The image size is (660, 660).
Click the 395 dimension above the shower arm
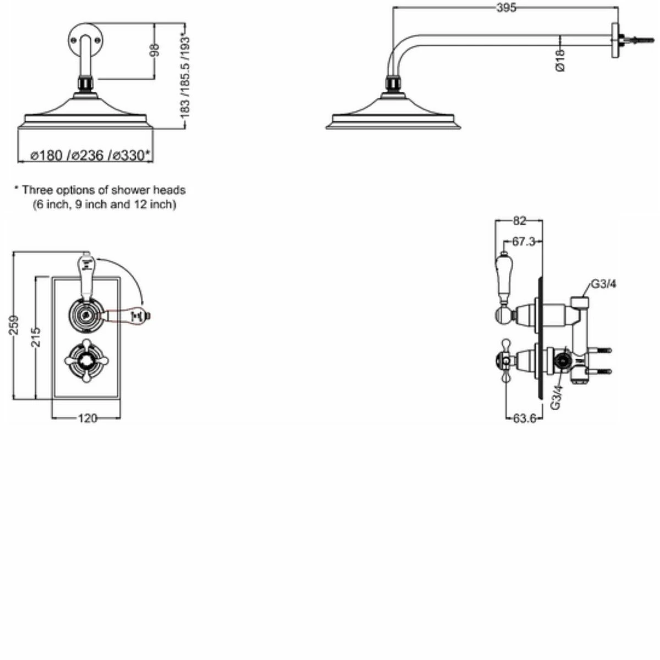(506, 8)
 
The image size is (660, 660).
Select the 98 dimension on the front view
(155, 51)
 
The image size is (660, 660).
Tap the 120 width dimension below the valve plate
(87, 419)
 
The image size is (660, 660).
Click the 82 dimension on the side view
(519, 221)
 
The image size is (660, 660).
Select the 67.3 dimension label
(524, 241)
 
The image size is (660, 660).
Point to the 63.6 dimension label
(524, 419)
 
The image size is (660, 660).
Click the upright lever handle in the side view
(504, 278)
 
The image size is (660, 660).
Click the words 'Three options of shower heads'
(103, 190)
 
